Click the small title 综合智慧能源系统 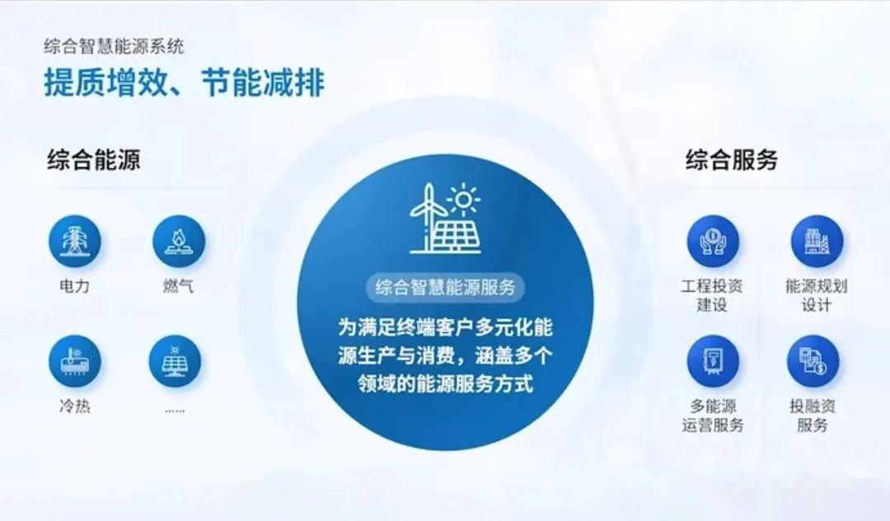pyautogui.click(x=114, y=46)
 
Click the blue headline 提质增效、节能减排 pyautogui.click(x=185, y=83)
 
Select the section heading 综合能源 pyautogui.click(x=94, y=159)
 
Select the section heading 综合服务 pyautogui.click(x=732, y=159)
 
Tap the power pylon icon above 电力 pyautogui.click(x=74, y=241)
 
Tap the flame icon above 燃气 pyautogui.click(x=178, y=241)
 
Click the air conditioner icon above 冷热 pyautogui.click(x=74, y=362)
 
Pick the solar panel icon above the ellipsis pyautogui.click(x=175, y=362)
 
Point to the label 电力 pyautogui.click(x=74, y=285)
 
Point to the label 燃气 pyautogui.click(x=178, y=285)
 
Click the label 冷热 pyautogui.click(x=74, y=406)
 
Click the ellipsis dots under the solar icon pyautogui.click(x=174, y=410)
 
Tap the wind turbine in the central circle pyautogui.click(x=426, y=218)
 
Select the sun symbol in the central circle pyautogui.click(x=464, y=199)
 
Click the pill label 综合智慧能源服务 pyautogui.click(x=445, y=287)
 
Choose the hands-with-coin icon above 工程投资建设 pyautogui.click(x=713, y=241)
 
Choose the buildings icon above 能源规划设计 pyautogui.click(x=817, y=241)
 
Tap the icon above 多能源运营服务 pyautogui.click(x=713, y=362)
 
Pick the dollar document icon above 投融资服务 pyautogui.click(x=813, y=362)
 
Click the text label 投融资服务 pyautogui.click(x=813, y=415)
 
